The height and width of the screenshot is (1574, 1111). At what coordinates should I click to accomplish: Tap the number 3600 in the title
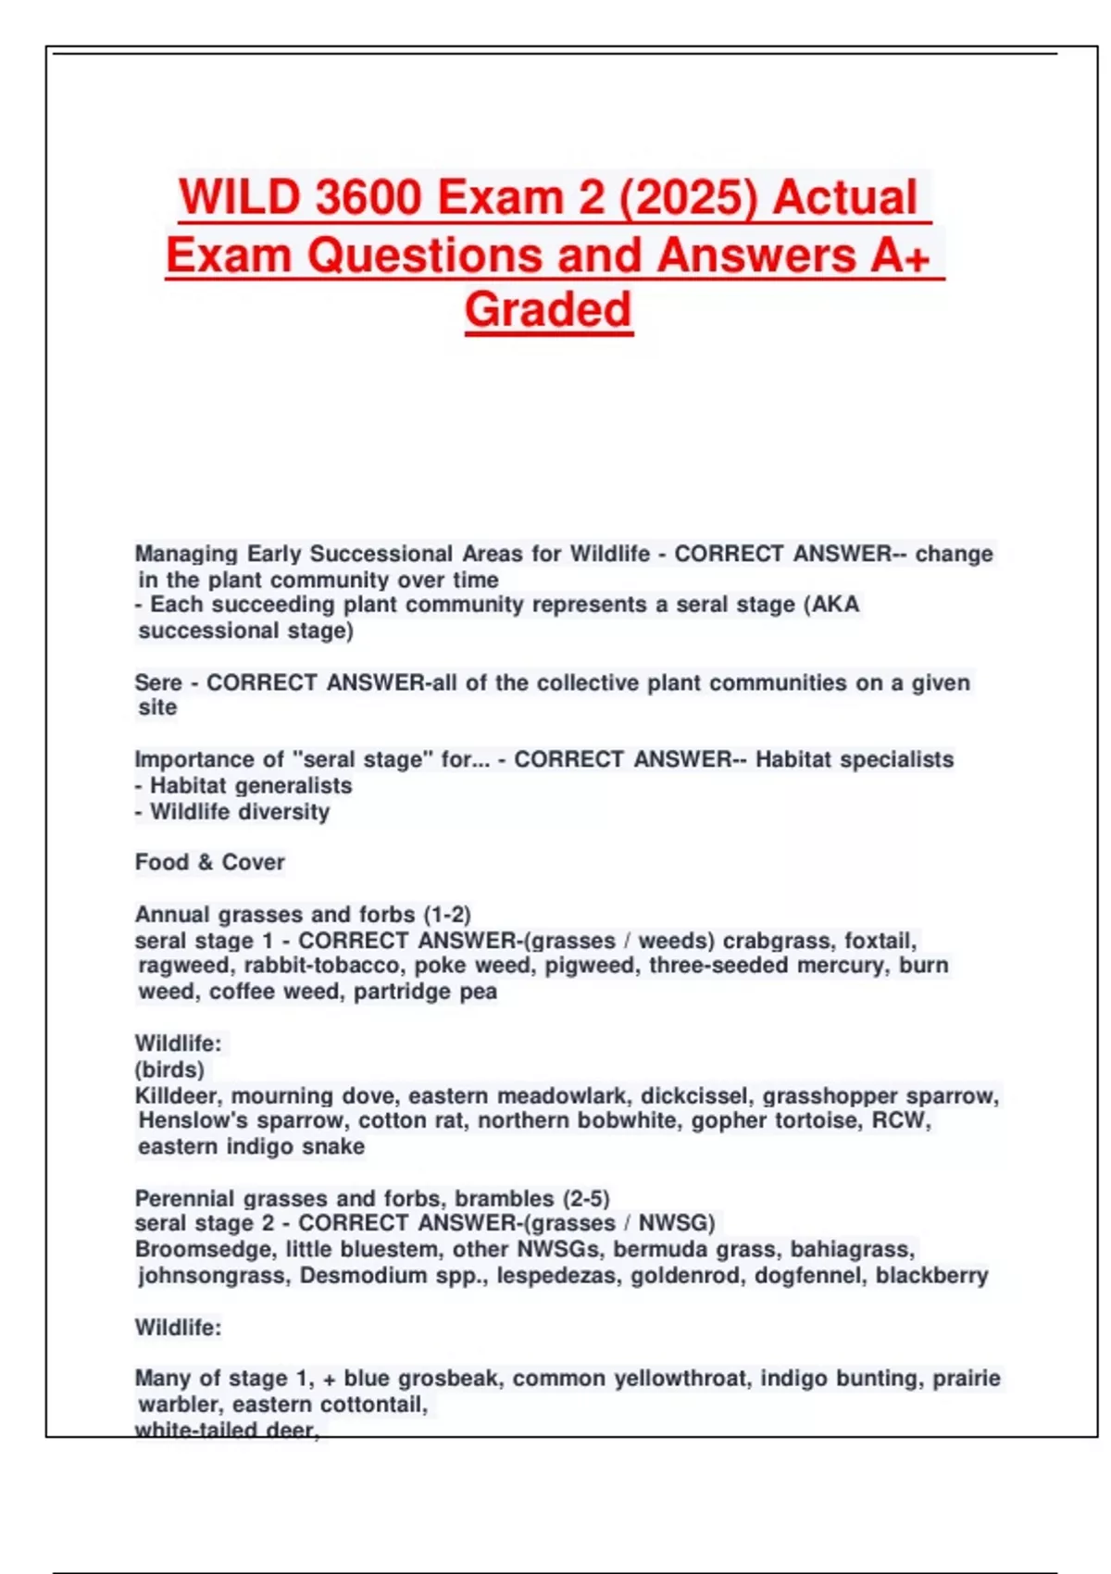coord(368,197)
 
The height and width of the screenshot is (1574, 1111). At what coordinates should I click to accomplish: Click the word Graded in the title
coord(548,309)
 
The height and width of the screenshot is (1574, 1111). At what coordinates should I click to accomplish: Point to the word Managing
coord(186,554)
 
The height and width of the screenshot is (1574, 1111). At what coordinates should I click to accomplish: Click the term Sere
coord(158,682)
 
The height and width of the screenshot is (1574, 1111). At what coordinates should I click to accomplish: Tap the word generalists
coord(298,785)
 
